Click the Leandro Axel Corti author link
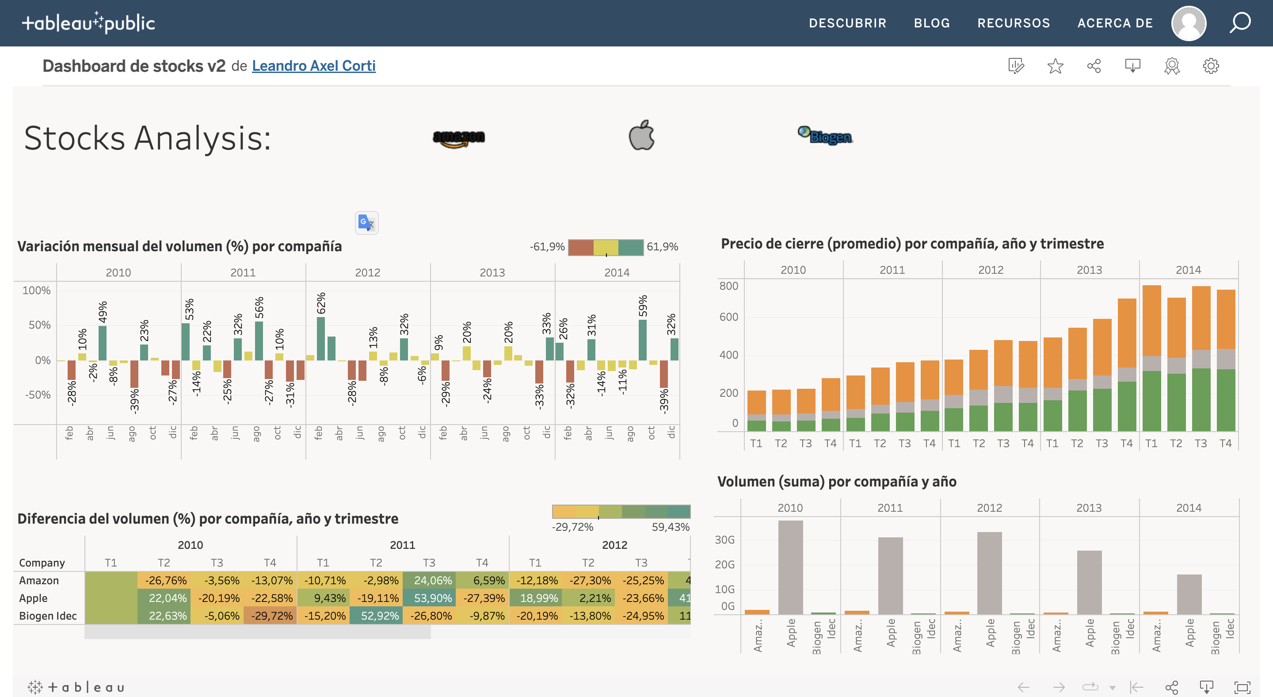point(313,66)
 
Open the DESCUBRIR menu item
point(847,23)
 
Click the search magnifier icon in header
point(1239,23)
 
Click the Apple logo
point(641,135)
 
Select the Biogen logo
point(825,135)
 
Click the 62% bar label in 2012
point(321,303)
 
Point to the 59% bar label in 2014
point(642,306)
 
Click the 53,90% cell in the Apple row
point(429,598)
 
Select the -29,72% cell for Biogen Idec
point(270,616)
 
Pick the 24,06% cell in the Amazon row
point(429,580)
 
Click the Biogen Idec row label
point(47,616)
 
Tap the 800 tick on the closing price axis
point(728,286)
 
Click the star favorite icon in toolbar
point(1055,66)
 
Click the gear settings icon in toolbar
point(1210,66)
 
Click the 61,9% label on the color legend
point(662,247)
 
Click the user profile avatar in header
point(1189,23)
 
